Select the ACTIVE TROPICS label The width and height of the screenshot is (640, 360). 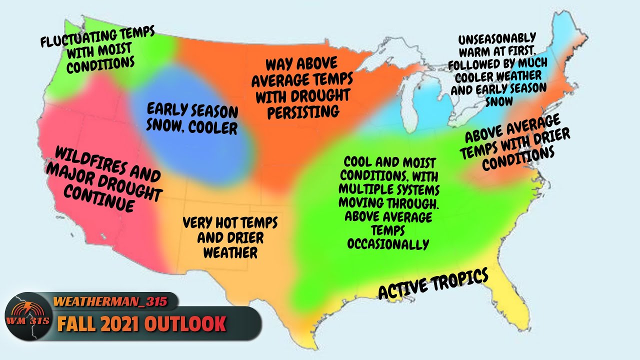[433, 284]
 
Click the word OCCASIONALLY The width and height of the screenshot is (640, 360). [388, 244]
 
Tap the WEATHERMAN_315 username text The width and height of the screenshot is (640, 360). [109, 301]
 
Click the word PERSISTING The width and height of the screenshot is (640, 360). [303, 111]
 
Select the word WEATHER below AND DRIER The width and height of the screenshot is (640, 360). [230, 253]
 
